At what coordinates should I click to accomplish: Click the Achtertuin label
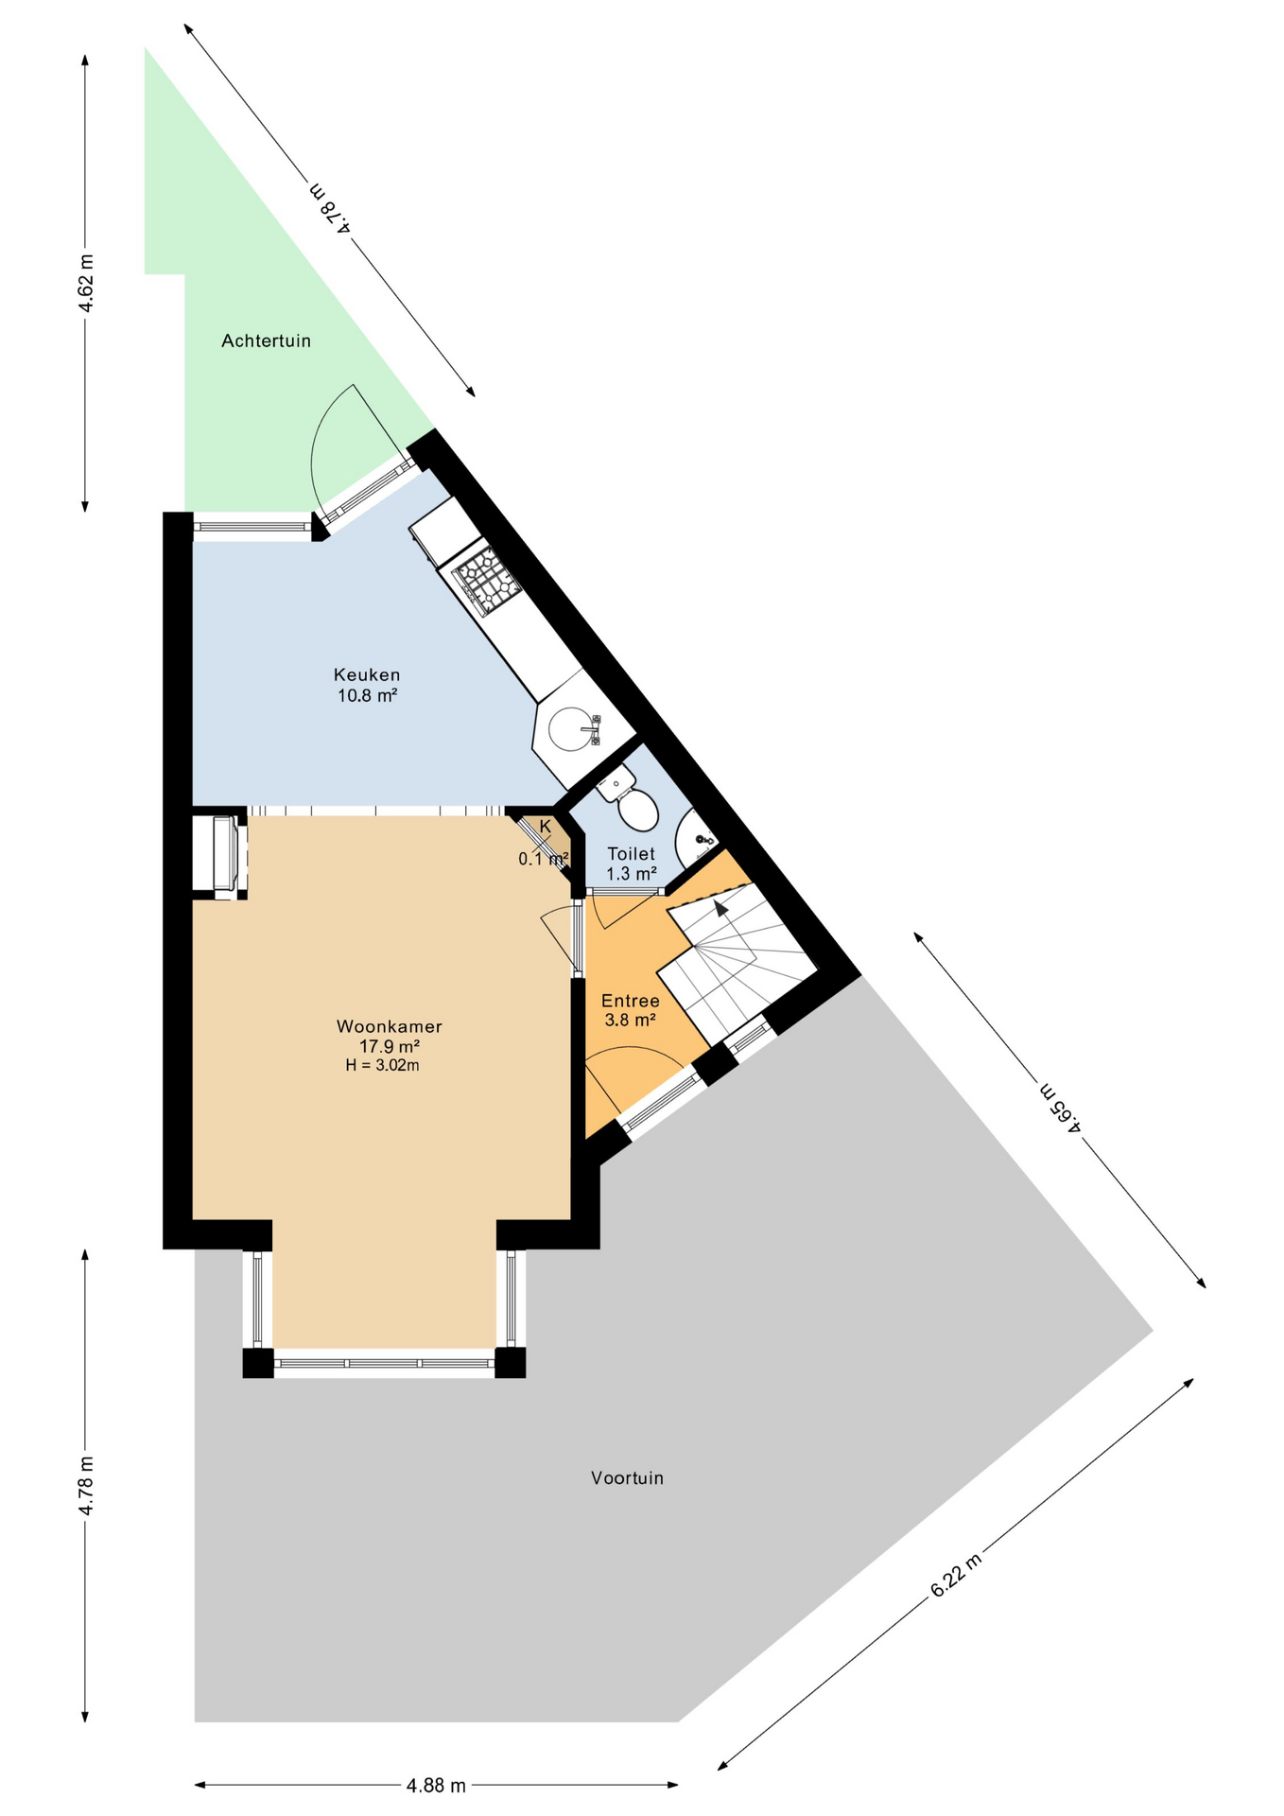[x=266, y=340]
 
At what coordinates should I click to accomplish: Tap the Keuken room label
[x=367, y=674]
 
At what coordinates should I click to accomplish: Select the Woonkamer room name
[x=390, y=1026]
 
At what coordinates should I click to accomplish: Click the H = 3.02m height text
[x=382, y=1065]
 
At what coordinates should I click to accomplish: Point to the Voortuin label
[x=627, y=1477]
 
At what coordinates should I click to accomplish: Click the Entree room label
[x=631, y=1001]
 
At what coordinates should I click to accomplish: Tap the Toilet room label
[x=631, y=854]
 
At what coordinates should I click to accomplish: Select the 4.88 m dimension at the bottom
[x=436, y=1786]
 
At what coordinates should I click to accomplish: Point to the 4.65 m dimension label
[x=1060, y=1106]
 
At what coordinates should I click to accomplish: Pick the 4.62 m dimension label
[x=85, y=284]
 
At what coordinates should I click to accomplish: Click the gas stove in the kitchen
[x=488, y=578]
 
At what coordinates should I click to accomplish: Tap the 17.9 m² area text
[x=389, y=1046]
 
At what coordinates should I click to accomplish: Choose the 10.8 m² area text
[x=367, y=695]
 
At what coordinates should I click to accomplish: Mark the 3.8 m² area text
[x=631, y=1021]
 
